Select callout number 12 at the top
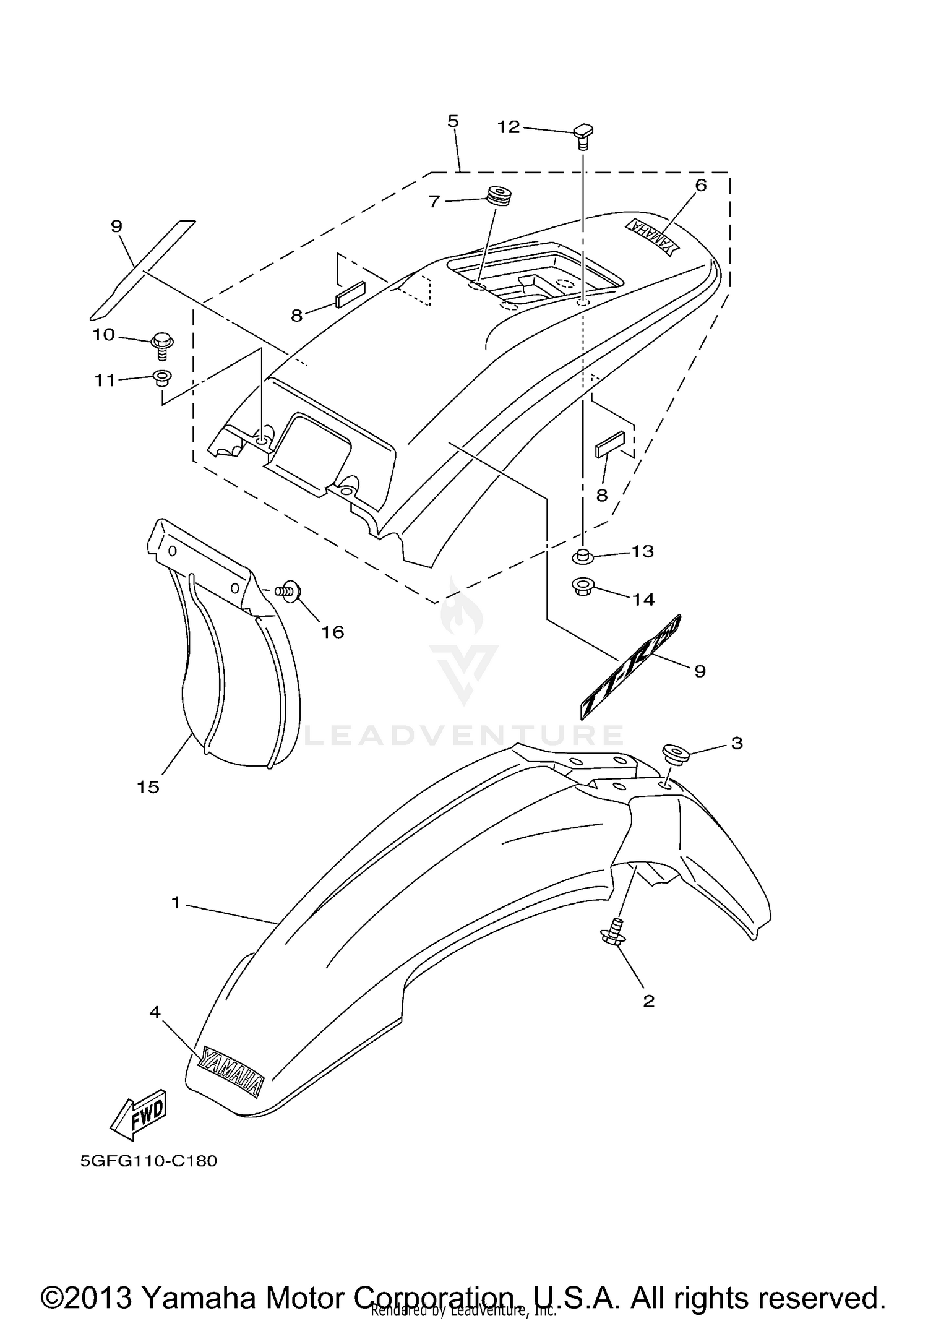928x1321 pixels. (509, 127)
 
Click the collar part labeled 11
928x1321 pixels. (162, 377)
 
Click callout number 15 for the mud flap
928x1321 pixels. (148, 786)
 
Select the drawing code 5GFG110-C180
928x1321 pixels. (148, 1160)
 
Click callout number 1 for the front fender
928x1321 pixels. (176, 903)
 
